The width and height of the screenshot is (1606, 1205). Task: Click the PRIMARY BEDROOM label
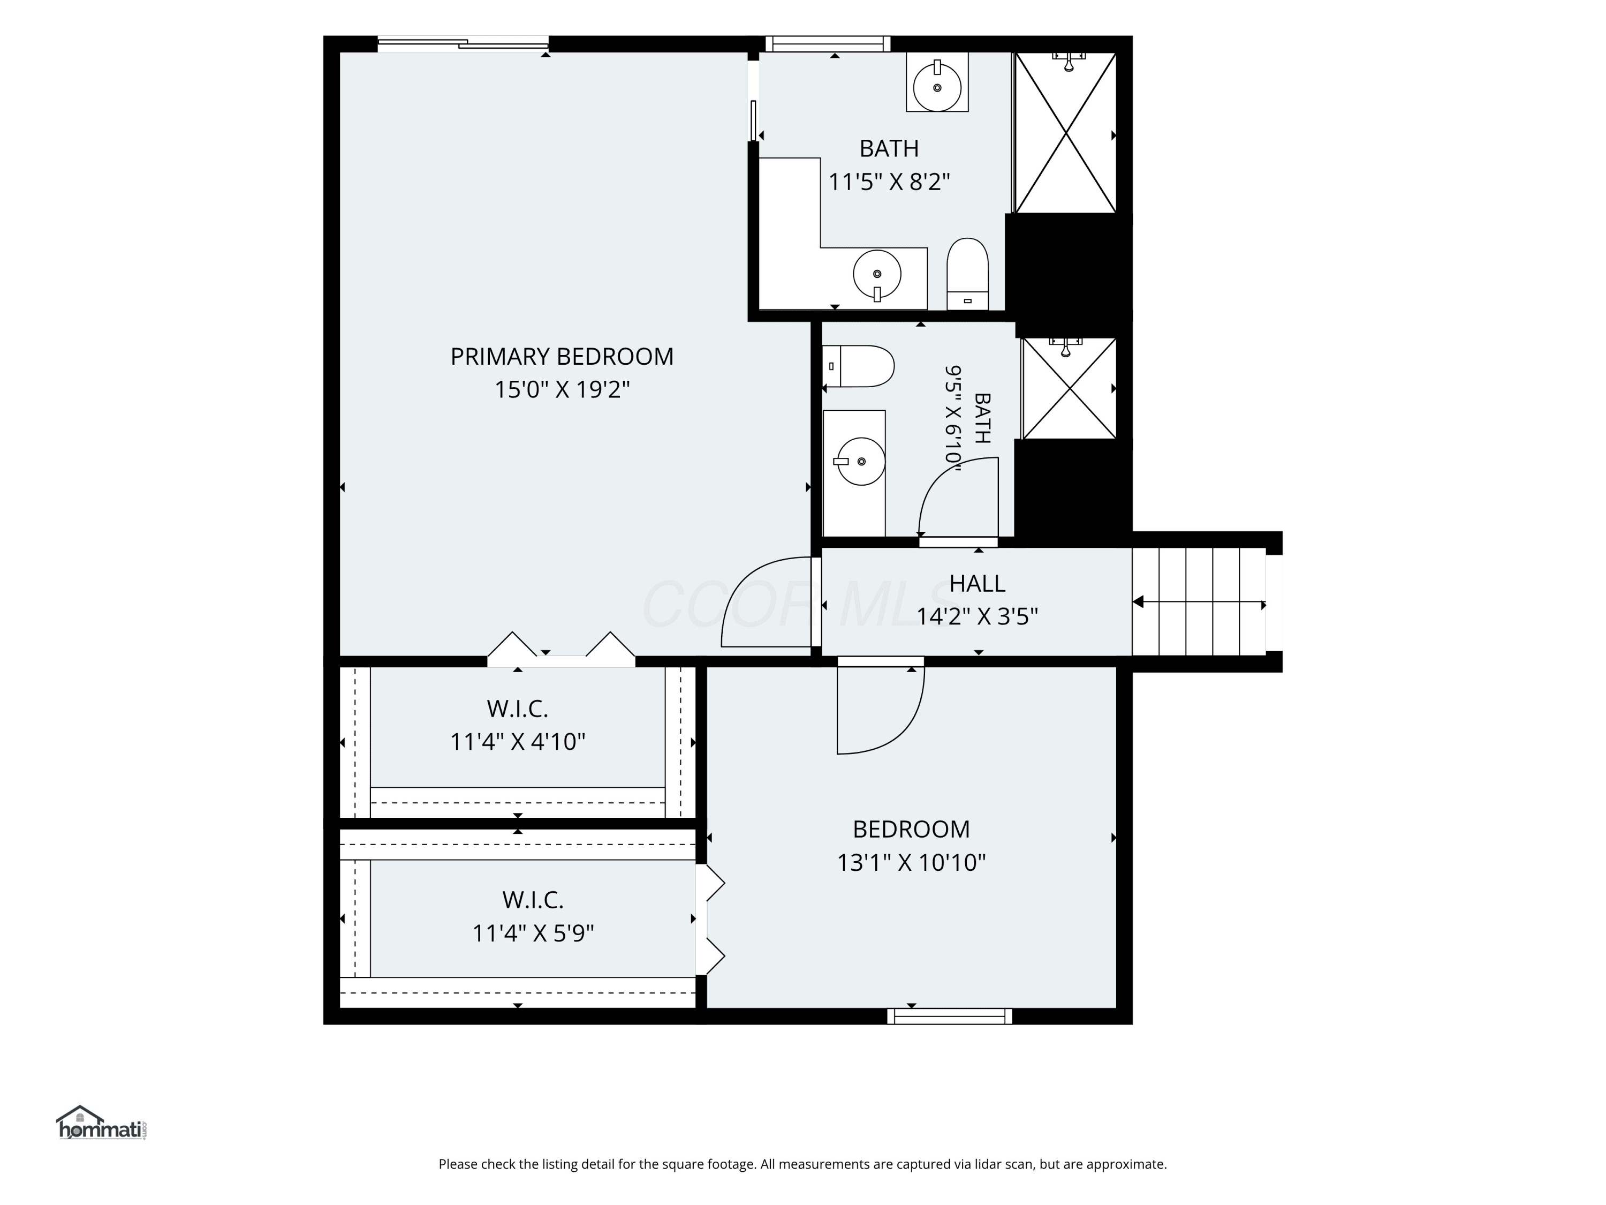tap(562, 357)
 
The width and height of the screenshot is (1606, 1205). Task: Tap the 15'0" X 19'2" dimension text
tap(562, 390)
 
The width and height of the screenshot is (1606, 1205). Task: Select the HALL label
tap(977, 583)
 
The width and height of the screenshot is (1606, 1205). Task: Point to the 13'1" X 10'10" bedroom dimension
tap(911, 862)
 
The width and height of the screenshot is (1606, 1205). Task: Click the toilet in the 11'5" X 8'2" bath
tap(968, 274)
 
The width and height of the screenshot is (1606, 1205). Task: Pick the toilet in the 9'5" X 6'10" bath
tap(858, 366)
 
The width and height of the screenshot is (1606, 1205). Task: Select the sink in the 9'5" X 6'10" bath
tap(861, 461)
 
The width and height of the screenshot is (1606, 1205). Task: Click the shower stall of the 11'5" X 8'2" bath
tap(1065, 133)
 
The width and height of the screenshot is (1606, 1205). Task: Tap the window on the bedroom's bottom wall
tap(950, 1016)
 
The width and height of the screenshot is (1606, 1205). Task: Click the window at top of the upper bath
tap(828, 43)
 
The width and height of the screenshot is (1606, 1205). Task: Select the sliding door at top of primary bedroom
tap(463, 43)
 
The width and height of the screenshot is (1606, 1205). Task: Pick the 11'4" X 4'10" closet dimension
tap(518, 742)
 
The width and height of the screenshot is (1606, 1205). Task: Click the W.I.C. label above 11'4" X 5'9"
tap(533, 900)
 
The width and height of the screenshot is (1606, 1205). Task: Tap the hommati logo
tap(102, 1123)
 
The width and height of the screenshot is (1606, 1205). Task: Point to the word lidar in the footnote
tap(990, 1164)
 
